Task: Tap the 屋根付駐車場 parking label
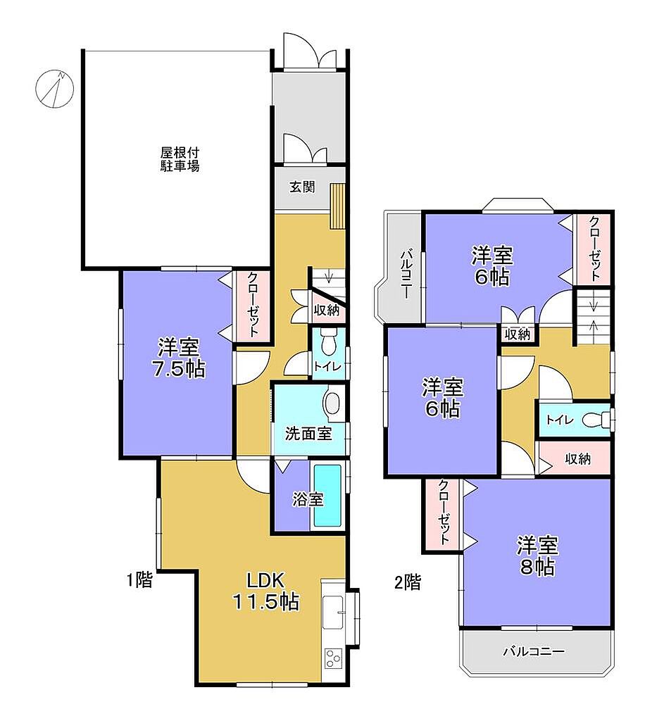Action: tap(180, 159)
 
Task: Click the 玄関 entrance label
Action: tap(302, 187)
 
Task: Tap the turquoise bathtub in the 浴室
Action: tap(327, 496)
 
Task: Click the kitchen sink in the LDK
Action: tap(333, 612)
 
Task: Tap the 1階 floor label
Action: tap(139, 580)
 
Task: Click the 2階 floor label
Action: tap(407, 582)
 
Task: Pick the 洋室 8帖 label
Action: tap(537, 556)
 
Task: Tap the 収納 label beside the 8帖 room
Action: tap(578, 458)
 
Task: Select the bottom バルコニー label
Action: tap(533, 651)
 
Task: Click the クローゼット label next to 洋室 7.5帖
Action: tap(253, 305)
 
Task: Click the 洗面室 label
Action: tap(308, 434)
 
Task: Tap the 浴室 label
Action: tap(308, 500)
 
